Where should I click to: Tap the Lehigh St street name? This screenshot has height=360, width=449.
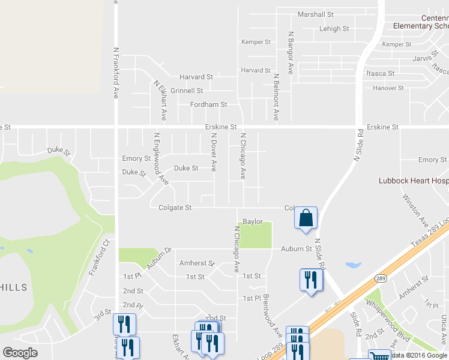[x=334, y=28]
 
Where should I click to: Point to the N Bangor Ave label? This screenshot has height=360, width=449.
[x=291, y=53]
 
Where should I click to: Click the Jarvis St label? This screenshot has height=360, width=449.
[x=423, y=58]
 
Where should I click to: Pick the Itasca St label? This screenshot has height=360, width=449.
[x=380, y=73]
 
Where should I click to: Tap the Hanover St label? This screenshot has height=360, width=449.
[x=388, y=88]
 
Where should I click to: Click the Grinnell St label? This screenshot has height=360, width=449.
[x=187, y=91]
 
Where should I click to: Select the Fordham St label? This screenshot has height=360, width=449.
[x=208, y=104]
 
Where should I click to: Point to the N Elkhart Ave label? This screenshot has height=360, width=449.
[x=160, y=100]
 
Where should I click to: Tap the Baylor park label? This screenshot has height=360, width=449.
[x=253, y=221]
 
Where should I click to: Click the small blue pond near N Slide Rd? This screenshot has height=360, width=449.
[x=353, y=265]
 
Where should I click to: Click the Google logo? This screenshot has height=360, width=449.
[x=20, y=353]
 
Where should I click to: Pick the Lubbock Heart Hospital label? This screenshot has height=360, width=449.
[x=414, y=180]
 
